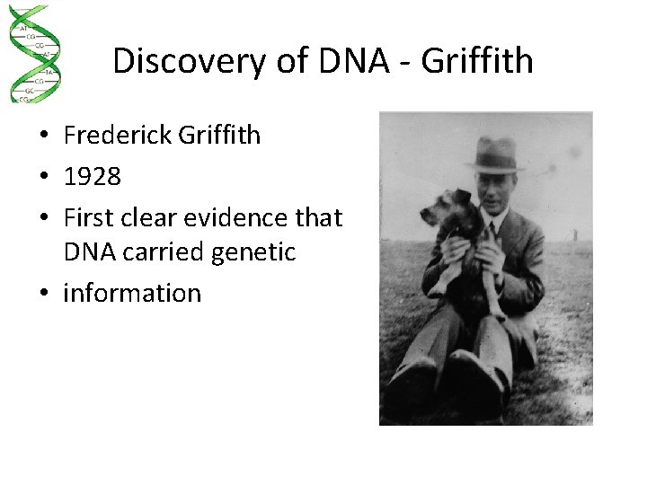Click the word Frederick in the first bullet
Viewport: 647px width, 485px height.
[x=119, y=136]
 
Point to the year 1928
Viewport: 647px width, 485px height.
[x=92, y=176]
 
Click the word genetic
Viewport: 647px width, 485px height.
[x=254, y=253]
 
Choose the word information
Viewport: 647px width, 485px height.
[x=132, y=293]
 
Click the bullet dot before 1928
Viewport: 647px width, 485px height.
[x=43, y=177]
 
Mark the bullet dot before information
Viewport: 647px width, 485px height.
[x=43, y=294]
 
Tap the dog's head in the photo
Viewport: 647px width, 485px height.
[x=448, y=211]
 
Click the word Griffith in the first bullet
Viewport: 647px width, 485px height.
[x=220, y=136]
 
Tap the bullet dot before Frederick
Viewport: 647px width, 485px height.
[x=43, y=137]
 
